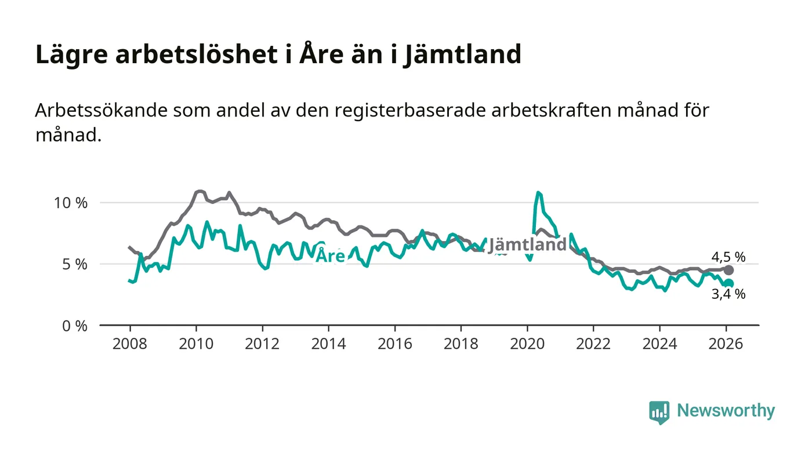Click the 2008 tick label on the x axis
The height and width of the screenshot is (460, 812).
coord(129,344)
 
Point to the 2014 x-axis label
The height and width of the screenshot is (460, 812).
coord(328,344)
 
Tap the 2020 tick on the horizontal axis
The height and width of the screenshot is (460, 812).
coord(527,344)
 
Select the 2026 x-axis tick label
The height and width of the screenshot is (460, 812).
coord(726,344)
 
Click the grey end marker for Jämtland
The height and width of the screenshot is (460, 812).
coord(729,271)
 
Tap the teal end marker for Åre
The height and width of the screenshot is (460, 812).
coord(729,284)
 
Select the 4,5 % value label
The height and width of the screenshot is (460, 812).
coord(728,257)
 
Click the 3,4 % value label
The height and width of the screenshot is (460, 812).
coord(728,294)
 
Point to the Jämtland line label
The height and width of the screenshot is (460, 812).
coord(527,245)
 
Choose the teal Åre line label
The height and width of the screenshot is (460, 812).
coord(330,256)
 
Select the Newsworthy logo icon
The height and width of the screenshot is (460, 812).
coord(659,412)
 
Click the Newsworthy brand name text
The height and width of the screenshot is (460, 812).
coord(726,411)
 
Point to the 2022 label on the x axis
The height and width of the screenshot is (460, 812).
coord(593,344)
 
